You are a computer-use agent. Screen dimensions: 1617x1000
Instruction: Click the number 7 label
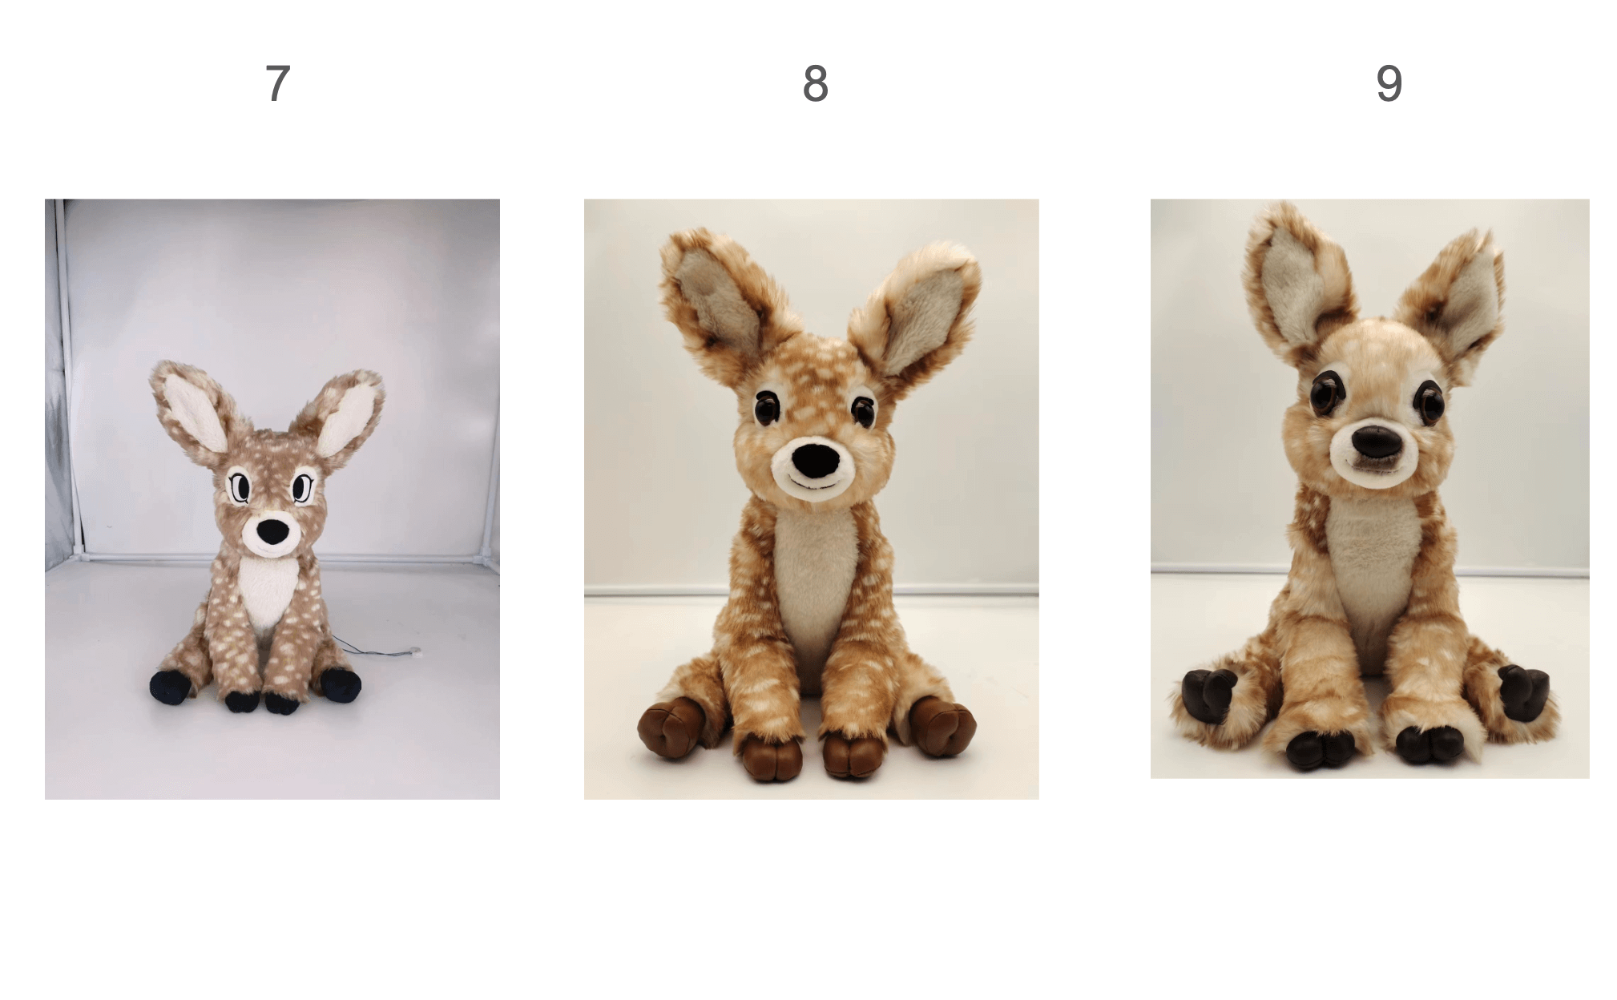[277, 83]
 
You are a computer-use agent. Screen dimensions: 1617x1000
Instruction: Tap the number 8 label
[815, 83]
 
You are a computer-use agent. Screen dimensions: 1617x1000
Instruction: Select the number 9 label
[1389, 83]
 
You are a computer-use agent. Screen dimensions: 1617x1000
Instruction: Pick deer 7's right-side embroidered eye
[300, 487]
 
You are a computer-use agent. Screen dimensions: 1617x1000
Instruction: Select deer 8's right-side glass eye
[862, 410]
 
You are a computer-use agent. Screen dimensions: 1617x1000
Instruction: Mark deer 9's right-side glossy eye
[1429, 403]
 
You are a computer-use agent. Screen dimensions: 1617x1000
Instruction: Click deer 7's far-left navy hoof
[170, 686]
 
